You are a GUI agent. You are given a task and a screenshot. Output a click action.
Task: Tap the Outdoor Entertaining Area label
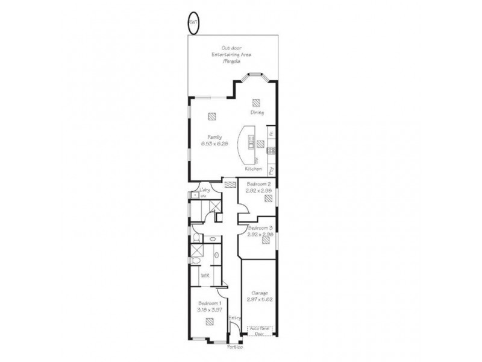click(x=231, y=55)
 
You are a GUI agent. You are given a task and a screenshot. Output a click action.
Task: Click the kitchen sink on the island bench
click(x=251, y=142)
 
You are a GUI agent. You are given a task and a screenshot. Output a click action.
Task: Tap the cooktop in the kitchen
click(x=272, y=150)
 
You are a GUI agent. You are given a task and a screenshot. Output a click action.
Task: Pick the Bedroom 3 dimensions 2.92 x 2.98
click(x=260, y=233)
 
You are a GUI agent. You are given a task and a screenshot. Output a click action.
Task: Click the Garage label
click(x=258, y=293)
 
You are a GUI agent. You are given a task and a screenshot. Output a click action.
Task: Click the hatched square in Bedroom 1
click(x=210, y=322)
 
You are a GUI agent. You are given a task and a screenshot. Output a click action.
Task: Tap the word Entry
click(x=234, y=317)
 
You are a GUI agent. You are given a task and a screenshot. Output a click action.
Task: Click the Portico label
click(x=234, y=348)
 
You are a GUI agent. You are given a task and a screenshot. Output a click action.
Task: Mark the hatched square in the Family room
click(x=211, y=117)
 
